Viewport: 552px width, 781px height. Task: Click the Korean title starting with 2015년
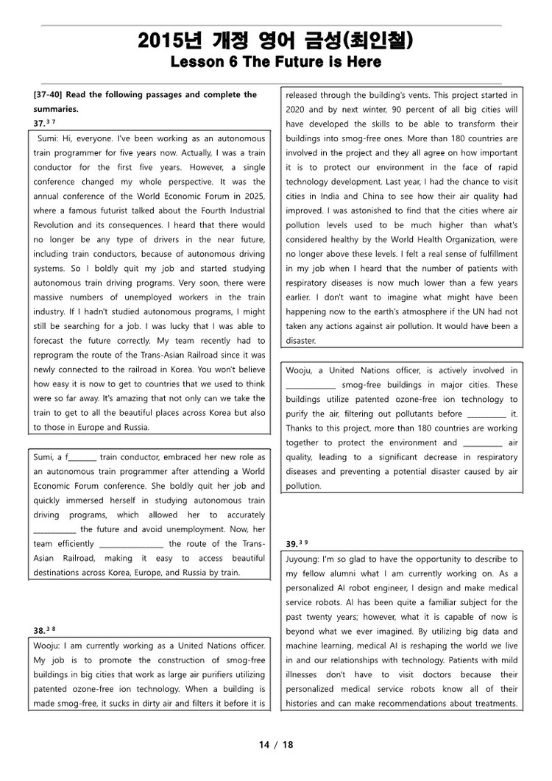275,43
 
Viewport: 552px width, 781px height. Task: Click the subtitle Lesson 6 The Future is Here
275,63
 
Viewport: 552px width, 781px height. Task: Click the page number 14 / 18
276,744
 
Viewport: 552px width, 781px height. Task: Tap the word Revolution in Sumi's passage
54,225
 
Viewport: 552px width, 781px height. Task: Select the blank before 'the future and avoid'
54,529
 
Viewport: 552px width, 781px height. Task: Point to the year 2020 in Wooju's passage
297,109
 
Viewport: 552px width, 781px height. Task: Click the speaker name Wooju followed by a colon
49,646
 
